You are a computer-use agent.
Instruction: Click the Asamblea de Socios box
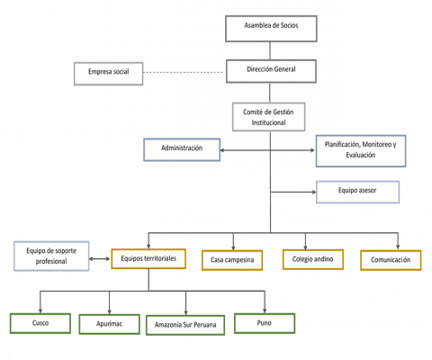(271, 29)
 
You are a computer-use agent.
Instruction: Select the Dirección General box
(271, 71)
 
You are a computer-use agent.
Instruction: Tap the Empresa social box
(109, 74)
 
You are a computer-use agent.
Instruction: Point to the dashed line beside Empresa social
(183, 72)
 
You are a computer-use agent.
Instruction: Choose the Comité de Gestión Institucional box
(269, 117)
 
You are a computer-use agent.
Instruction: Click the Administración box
(182, 149)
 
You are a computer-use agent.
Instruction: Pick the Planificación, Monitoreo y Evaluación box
(361, 151)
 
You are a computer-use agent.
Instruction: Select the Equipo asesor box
(357, 192)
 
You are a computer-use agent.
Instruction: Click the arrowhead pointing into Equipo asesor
(314, 192)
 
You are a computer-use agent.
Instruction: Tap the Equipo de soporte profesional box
(51, 256)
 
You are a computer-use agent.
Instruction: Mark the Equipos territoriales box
(148, 258)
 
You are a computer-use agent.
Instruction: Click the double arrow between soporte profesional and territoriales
(100, 258)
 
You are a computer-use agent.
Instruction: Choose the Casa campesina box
(232, 260)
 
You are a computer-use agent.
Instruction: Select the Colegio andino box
(313, 259)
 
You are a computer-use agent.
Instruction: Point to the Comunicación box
(391, 260)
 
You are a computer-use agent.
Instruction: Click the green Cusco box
(40, 323)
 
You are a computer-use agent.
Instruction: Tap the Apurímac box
(110, 324)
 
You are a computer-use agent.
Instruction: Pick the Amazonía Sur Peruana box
(185, 325)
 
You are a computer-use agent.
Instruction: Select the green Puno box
(265, 323)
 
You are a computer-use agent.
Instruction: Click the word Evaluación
(361, 155)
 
